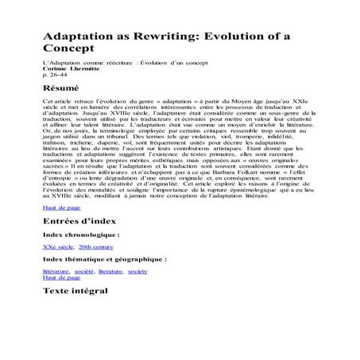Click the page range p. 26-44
[56, 75]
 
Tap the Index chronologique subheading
[81, 235]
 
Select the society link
[137, 271]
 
